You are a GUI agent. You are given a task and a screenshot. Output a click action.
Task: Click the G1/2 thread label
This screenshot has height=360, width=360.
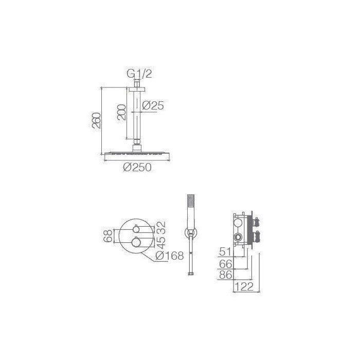click(x=139, y=74)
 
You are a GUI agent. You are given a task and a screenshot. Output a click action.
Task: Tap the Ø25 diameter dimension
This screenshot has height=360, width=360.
click(x=153, y=105)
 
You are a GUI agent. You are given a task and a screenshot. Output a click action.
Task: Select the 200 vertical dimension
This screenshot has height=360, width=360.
click(x=122, y=112)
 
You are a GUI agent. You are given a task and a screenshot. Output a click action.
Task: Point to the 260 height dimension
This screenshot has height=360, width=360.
click(x=96, y=120)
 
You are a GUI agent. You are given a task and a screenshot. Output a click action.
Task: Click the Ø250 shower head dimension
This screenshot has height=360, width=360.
click(x=137, y=167)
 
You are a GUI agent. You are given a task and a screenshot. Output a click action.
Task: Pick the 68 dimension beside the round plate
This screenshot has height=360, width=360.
click(x=108, y=236)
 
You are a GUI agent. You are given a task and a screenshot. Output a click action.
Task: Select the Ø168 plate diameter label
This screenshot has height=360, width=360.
click(x=170, y=255)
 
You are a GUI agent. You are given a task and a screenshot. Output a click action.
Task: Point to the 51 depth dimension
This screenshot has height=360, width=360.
click(x=225, y=251)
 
